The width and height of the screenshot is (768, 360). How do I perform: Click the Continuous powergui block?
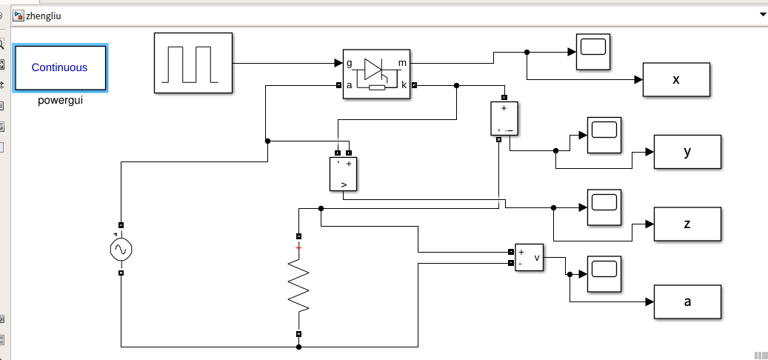[60, 67]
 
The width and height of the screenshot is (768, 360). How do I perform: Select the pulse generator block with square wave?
[193, 64]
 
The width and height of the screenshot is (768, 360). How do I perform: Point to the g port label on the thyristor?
[350, 63]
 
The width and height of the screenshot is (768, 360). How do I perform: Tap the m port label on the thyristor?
[402, 63]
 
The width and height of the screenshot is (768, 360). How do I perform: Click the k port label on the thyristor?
[404, 85]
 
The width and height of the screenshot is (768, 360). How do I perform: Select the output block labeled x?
[676, 80]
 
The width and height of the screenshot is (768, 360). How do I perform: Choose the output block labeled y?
[687, 152]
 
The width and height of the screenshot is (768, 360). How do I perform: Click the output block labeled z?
[687, 224]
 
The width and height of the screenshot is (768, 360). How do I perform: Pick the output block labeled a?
[687, 301]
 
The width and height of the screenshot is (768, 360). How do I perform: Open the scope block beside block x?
[592, 52]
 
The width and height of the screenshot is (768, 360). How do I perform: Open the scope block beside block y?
[604, 135]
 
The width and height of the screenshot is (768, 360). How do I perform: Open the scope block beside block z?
[604, 207]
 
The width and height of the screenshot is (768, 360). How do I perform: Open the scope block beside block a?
[604, 273]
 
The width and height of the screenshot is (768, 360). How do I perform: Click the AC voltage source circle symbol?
[121, 250]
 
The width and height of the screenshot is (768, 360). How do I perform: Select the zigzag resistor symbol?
[298, 285]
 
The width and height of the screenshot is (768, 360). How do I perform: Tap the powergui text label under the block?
[60, 101]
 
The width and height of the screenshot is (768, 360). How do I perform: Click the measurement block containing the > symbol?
[343, 174]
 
